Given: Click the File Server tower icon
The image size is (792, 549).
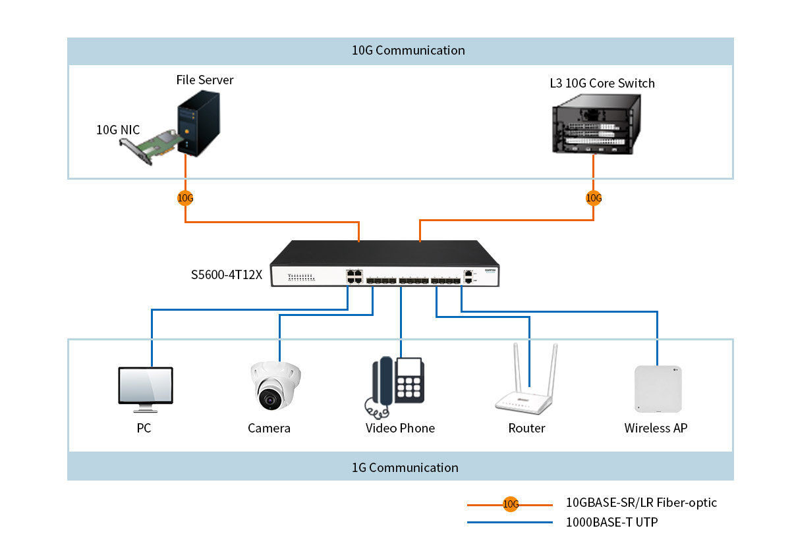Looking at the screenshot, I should tap(198, 124).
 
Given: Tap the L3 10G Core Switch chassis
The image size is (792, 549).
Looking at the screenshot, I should tap(594, 124).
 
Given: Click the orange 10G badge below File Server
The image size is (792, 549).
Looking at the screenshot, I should tap(185, 197).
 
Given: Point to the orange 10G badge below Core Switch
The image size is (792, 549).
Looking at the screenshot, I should tap(594, 197).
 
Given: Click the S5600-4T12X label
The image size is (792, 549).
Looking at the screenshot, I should tap(227, 275).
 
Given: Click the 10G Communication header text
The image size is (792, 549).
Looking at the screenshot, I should tap(408, 51).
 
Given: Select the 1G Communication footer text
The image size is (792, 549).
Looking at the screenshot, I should tap(405, 467).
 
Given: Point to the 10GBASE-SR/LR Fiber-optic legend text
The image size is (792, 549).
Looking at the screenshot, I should tap(641, 503).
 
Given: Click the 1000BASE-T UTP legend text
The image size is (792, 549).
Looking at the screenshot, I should tap(611, 523).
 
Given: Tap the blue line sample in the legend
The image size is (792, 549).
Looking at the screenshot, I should tap(509, 523).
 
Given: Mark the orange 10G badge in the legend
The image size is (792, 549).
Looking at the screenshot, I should tap(511, 505).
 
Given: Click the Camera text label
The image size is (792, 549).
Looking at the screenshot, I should tap(269, 429).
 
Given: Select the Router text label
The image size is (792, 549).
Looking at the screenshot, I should tap(526, 429).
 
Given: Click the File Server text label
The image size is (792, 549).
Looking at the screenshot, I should tap(204, 80).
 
